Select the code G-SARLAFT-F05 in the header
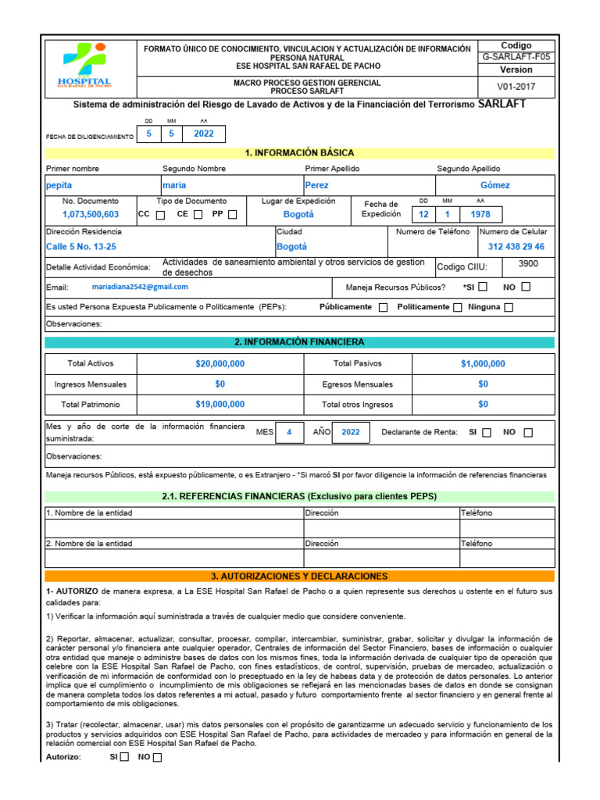(516, 58)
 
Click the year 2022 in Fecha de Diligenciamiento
(203, 134)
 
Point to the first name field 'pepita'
(59, 185)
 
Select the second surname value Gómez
(495, 185)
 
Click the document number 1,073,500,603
(91, 214)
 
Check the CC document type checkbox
(160, 215)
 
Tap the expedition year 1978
(480, 214)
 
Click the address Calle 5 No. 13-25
(81, 246)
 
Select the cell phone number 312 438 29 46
(516, 246)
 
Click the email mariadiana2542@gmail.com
(140, 287)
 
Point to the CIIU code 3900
(528, 264)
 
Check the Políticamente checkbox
(458, 308)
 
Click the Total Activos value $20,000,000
(220, 364)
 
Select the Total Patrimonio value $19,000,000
(220, 405)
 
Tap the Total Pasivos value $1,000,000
(483, 364)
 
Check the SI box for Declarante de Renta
(487, 433)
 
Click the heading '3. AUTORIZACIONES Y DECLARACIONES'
(299, 576)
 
